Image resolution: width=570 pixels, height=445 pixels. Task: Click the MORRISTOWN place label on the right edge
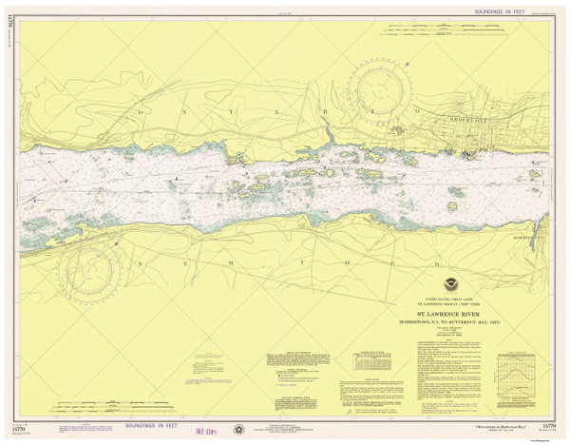pyautogui.click(x=551, y=237)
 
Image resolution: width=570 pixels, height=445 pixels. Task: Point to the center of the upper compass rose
pyautogui.click(x=379, y=94)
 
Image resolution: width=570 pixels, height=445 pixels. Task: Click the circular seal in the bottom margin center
pyautogui.click(x=239, y=428)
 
